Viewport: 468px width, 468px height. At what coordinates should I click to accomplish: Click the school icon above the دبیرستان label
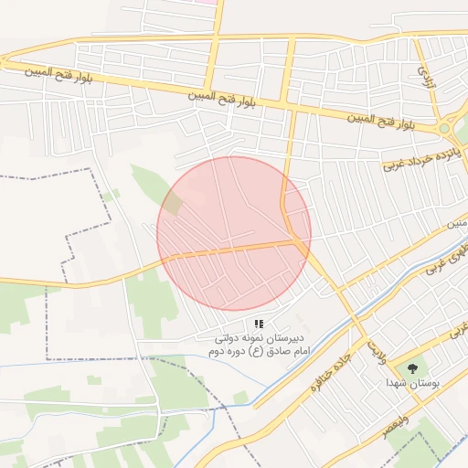(260, 324)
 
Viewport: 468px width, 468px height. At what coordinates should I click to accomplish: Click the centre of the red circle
(234, 233)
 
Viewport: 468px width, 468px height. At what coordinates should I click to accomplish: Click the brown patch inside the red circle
(173, 204)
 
